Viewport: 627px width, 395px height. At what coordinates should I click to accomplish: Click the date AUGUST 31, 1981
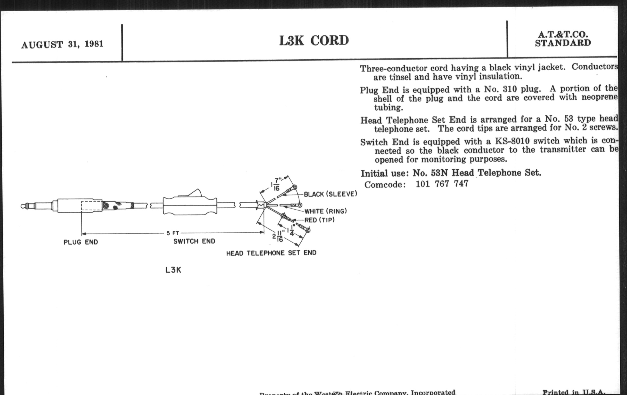click(62, 44)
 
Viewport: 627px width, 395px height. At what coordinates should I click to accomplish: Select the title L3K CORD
click(314, 41)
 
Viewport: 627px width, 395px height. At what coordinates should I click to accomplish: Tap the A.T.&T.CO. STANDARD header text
click(563, 39)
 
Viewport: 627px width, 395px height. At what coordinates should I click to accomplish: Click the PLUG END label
click(81, 242)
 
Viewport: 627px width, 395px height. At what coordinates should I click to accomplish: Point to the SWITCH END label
click(194, 241)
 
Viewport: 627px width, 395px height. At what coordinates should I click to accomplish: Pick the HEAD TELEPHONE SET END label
click(271, 253)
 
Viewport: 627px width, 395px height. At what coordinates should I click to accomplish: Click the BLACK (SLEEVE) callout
click(331, 194)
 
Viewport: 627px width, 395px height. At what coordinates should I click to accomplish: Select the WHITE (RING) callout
click(326, 211)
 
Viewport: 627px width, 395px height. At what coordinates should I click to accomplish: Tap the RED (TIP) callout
click(319, 220)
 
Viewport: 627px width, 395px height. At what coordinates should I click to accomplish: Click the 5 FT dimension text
click(173, 233)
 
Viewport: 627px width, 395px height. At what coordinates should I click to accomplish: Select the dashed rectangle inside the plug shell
click(92, 206)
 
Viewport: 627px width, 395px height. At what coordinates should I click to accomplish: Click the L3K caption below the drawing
click(173, 270)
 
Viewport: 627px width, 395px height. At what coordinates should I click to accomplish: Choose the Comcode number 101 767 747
click(442, 184)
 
